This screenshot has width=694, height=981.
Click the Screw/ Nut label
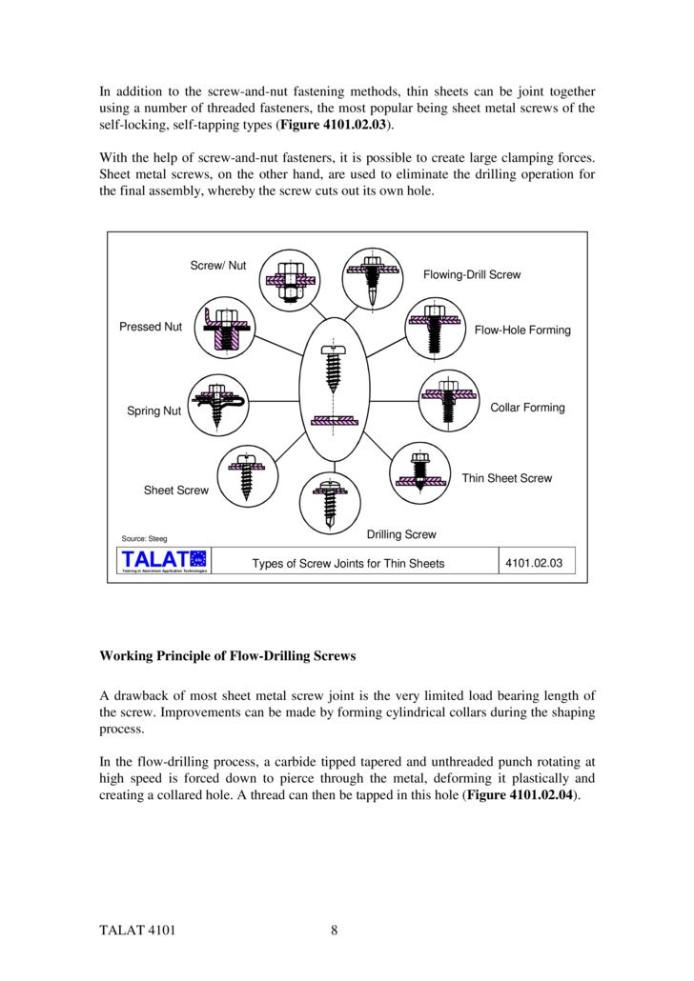218,265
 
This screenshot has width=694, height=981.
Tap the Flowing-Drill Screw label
472,274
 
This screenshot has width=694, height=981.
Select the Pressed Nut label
150,327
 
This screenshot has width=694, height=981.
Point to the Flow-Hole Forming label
522,330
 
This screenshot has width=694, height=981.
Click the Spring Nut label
153,411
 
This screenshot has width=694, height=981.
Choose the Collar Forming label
527,408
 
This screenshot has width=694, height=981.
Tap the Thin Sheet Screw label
506,478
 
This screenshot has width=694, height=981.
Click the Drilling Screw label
401,534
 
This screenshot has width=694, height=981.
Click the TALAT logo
159,563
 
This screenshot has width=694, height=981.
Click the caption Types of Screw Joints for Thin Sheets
348,564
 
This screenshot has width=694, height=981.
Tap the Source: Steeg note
143,539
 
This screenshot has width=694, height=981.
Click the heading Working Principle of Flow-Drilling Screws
230,656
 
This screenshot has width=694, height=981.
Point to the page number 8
335,931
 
